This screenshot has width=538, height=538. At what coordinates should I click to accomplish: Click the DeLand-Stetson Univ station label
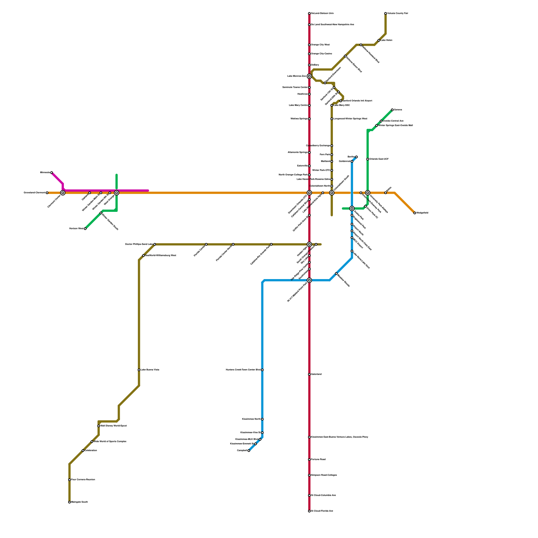pos(322,13)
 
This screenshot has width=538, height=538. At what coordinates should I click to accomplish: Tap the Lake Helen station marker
pos(379,40)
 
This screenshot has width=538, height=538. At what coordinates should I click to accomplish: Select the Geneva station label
pos(398,110)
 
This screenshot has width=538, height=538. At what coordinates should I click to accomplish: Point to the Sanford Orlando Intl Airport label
pos(357,101)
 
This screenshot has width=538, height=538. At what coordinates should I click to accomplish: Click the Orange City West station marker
pos(309,45)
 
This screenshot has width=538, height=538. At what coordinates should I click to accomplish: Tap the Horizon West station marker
pos(85,229)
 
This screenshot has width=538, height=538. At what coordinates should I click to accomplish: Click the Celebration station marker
pos(83,451)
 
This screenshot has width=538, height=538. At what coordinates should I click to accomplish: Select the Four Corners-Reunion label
pos(83,480)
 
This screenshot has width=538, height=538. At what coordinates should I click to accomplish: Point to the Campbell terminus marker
pos(249,451)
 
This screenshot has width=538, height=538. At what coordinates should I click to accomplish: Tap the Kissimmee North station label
pos(251,419)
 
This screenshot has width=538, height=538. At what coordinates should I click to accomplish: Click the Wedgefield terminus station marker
pos(415,213)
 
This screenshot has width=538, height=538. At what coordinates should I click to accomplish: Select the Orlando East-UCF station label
pos(379,159)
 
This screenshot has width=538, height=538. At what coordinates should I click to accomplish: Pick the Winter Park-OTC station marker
pos(332,170)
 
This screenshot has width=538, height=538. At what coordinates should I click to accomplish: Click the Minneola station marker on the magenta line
pos(51,172)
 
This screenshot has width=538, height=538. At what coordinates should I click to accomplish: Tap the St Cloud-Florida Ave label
pos(322,511)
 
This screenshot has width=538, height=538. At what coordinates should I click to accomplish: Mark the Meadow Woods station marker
pos(336,273)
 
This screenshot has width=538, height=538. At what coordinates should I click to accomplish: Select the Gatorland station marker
pos(309,374)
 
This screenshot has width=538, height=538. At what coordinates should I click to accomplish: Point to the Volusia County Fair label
pos(397,13)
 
